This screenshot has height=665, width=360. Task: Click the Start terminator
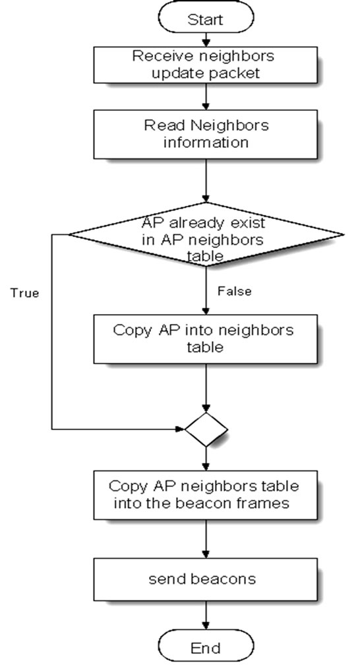coord(206,18)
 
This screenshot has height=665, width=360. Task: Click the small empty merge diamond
coord(206,429)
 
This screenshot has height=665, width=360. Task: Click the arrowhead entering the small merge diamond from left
coord(179,429)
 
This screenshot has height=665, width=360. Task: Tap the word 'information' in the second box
coord(206,142)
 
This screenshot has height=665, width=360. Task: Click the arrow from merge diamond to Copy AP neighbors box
coord(206,457)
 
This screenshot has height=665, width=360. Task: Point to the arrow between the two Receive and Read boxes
coord(206,95)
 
